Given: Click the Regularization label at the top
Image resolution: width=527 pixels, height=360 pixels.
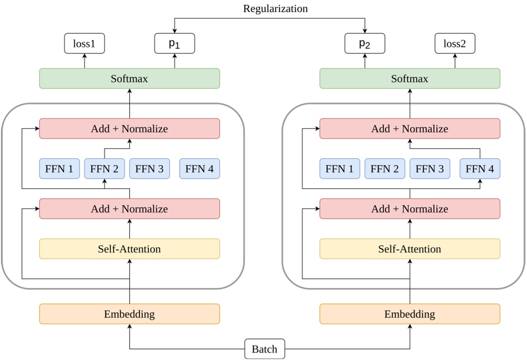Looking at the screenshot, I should click(x=275, y=9).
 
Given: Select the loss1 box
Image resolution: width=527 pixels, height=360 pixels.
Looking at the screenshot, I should click(x=84, y=43).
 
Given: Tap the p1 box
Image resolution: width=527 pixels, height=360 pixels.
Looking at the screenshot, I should click(x=175, y=43).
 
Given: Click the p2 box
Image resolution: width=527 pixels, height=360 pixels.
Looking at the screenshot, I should click(x=365, y=43).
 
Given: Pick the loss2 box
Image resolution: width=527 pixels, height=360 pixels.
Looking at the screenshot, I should click(x=455, y=43).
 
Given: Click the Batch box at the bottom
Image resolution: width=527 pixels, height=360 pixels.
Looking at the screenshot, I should click(x=264, y=349).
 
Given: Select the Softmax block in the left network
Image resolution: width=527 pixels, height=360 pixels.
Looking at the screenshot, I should click(x=129, y=78).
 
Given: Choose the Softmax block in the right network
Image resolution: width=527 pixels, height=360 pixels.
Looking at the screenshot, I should click(x=409, y=78).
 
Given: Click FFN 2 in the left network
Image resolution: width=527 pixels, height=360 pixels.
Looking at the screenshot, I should click(x=104, y=169).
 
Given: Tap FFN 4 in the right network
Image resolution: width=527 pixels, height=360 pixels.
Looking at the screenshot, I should click(x=480, y=169).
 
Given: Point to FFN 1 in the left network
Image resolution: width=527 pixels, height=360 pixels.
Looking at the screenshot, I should click(x=60, y=169).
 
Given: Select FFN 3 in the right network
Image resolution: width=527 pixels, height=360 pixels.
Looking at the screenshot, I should click(x=430, y=169).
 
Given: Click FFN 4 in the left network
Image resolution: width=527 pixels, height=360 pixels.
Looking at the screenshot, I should click(x=200, y=169).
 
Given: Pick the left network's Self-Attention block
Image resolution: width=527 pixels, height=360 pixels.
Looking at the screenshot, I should click(x=129, y=249).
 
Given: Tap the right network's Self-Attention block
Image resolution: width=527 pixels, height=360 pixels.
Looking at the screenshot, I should click(x=409, y=249).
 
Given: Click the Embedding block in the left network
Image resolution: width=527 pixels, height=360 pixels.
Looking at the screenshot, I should click(x=129, y=314).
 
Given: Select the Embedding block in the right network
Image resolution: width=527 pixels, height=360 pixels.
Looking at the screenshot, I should click(x=409, y=314).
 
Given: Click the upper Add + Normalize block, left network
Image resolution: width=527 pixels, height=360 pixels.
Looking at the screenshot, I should click(x=129, y=129).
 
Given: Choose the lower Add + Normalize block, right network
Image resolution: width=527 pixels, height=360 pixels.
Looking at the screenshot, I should click(x=409, y=209).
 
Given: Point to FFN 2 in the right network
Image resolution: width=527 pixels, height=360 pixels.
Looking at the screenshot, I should click(x=385, y=169).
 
